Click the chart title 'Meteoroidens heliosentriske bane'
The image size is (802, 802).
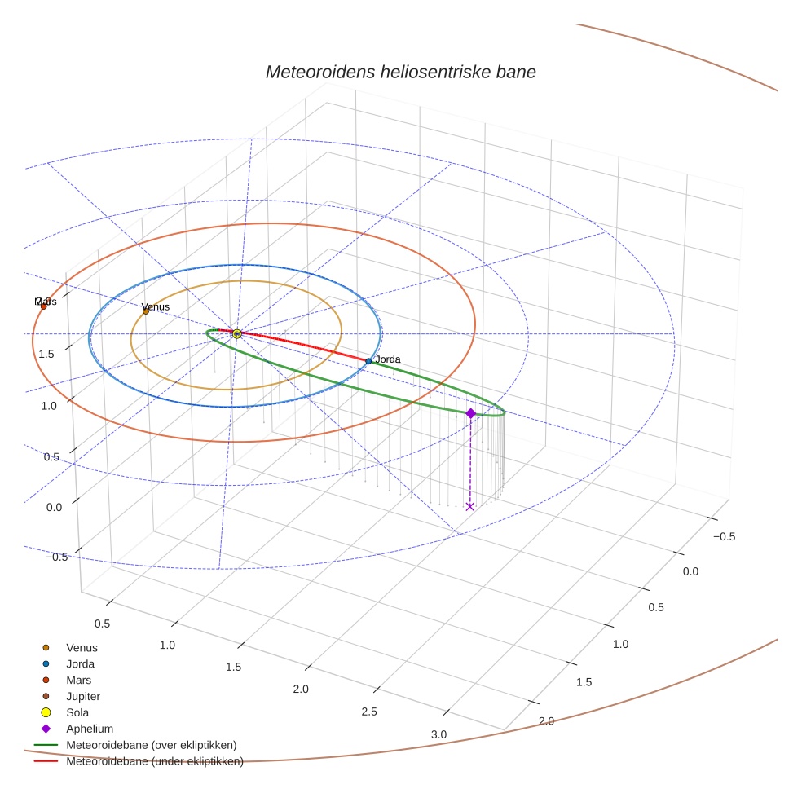pos(400,72)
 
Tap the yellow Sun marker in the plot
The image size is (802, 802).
pos(236,333)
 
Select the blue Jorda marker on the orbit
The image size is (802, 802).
pos(368,361)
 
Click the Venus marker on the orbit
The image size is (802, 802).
pos(146,311)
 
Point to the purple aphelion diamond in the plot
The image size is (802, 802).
pos(470,413)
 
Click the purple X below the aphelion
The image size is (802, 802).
pos(469,507)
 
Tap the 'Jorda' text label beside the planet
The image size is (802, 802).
pos(387,359)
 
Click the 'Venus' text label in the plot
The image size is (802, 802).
pos(156,306)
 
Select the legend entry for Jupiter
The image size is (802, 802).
pos(83,696)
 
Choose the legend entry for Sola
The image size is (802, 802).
pos(77,712)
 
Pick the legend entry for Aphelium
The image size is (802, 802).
pos(89,729)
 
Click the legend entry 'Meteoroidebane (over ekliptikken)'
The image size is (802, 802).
pos(151,745)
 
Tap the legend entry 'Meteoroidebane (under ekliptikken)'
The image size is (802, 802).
pos(154,761)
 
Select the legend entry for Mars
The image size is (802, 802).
pos(78,680)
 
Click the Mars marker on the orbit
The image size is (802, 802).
pos(44,306)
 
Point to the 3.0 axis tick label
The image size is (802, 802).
pos(438,734)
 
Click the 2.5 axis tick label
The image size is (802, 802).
pos(369,712)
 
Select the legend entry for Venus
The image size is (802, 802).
pos(82,647)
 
